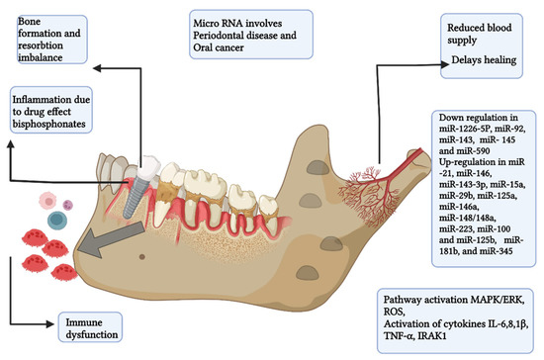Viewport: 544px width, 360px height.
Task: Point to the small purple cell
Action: click(68, 206)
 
